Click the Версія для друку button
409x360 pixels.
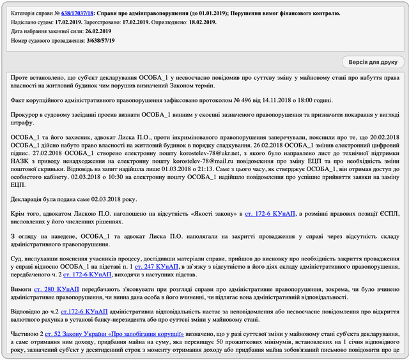tap(372, 62)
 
